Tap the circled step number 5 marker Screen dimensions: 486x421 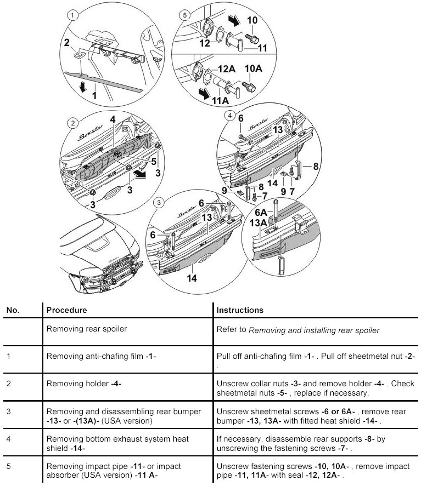[x=184, y=15]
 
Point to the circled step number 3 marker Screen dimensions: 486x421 [x=159, y=202]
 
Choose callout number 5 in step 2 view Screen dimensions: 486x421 [x=154, y=162]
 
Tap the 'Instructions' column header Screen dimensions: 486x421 [x=240, y=310]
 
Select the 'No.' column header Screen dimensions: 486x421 [x=13, y=310]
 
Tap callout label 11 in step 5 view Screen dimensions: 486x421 [x=263, y=48]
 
